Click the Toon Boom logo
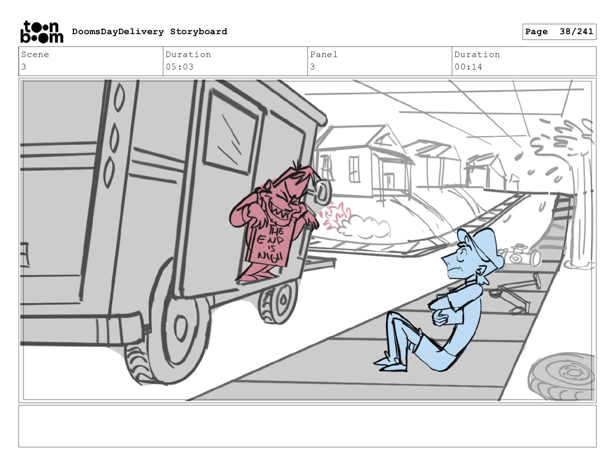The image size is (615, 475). point(42,32)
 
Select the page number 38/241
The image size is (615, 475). point(576,31)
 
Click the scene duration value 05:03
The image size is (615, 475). point(179,67)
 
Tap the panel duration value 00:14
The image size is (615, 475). point(468,67)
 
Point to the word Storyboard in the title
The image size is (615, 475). point(198,31)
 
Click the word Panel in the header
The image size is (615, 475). point(324,54)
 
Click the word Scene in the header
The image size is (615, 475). point(35,54)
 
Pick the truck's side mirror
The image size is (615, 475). point(322,192)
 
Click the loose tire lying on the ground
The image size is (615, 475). point(562,376)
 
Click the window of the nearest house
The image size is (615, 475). point(354,169)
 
